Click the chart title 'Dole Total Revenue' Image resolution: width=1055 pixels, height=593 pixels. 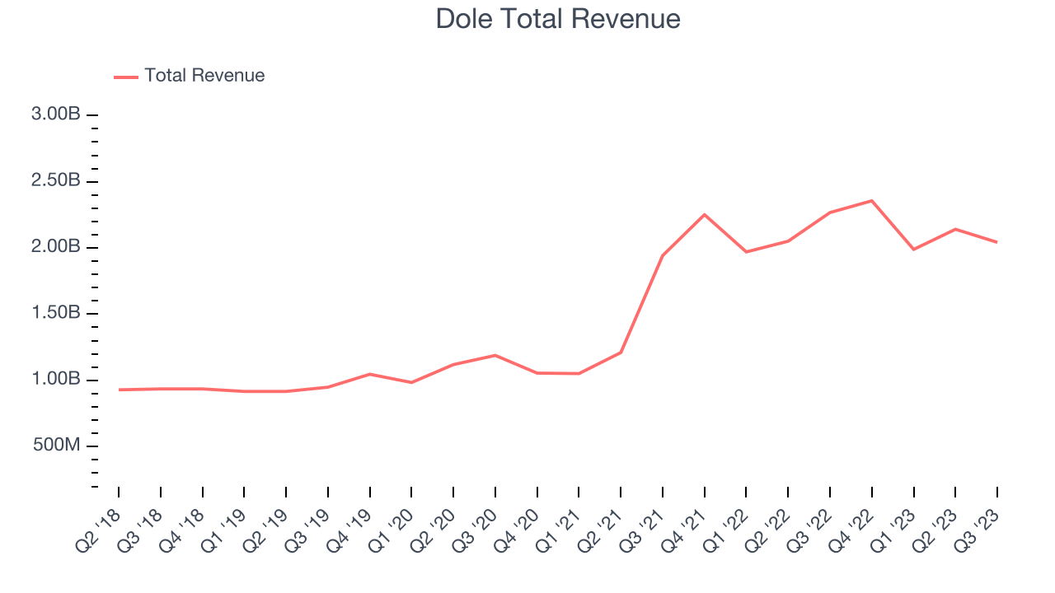558,19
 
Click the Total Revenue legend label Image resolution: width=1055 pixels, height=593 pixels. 204,76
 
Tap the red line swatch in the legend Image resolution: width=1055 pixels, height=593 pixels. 126,77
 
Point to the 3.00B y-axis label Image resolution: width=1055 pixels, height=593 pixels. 55,114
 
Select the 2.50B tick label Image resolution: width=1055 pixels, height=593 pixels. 55,181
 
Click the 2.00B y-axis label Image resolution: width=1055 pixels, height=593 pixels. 55,247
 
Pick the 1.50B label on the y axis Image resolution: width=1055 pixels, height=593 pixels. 55,314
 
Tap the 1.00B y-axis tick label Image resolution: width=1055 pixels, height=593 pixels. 55,380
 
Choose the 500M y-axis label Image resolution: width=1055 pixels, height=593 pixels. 57,446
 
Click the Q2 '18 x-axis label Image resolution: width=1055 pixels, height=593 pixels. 98,530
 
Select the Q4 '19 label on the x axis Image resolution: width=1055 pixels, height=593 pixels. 349,530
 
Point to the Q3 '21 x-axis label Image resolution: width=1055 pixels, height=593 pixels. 642,530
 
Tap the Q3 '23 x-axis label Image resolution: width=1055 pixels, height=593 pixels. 977,530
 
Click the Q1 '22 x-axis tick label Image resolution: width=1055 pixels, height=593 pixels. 726,530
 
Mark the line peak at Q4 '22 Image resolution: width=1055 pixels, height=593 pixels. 872,200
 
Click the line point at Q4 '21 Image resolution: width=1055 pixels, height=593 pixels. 705,214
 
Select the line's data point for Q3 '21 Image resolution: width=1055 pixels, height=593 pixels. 663,255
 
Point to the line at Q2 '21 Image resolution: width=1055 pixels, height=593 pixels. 621,353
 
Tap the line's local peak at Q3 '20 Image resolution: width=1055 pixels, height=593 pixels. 495,355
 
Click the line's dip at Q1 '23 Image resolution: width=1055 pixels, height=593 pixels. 914,249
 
